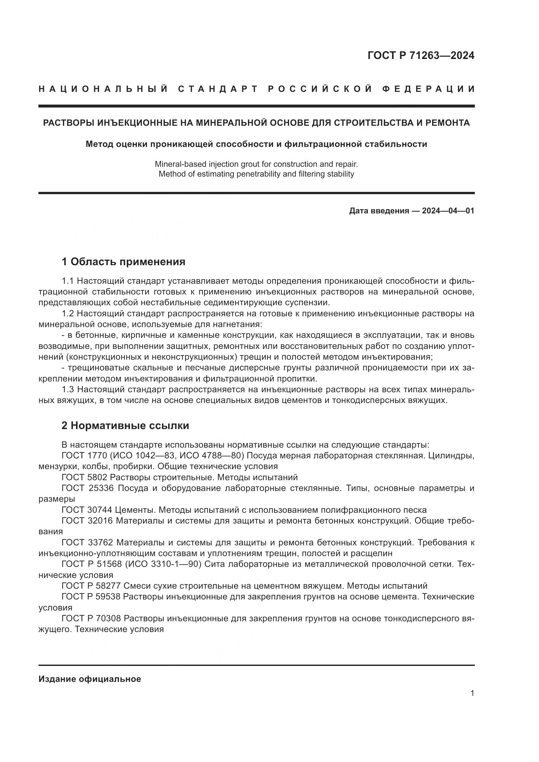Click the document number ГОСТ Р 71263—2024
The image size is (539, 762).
(420, 55)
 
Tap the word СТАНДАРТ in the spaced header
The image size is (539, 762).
(218, 89)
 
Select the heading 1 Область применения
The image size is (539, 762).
(123, 262)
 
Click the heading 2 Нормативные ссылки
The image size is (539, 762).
(125, 425)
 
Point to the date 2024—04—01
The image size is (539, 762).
(448, 211)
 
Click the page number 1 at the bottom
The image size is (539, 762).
(472, 693)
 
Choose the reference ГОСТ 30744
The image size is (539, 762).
(88, 510)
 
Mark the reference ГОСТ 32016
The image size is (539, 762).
(88, 521)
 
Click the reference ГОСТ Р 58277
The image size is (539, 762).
(91, 586)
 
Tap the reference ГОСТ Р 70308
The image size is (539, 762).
(91, 618)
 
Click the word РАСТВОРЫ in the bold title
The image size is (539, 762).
(68, 123)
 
